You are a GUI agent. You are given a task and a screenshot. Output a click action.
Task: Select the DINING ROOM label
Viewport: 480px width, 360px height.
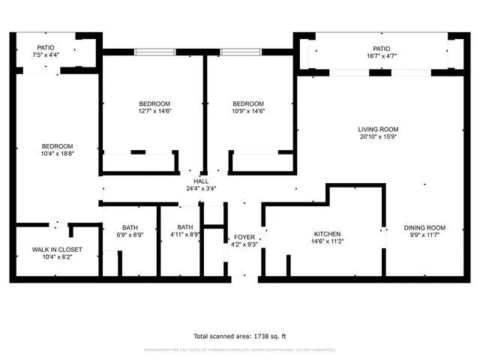(424, 228)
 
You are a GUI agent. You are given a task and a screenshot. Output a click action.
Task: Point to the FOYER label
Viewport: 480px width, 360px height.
(244, 237)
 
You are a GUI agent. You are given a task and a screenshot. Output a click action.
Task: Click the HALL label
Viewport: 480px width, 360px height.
(201, 181)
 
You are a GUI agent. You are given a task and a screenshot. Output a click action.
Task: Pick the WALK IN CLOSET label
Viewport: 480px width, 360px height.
(57, 249)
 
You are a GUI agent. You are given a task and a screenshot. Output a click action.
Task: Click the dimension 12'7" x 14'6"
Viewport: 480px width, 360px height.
(154, 111)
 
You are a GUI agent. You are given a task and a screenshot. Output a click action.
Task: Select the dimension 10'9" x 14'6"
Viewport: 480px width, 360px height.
(247, 111)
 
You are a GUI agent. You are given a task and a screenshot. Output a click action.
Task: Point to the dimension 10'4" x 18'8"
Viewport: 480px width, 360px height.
(57, 153)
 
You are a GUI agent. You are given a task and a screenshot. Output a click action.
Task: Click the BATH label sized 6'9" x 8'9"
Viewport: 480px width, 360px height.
(130, 227)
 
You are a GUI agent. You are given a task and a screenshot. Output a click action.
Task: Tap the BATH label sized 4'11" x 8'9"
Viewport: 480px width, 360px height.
(185, 227)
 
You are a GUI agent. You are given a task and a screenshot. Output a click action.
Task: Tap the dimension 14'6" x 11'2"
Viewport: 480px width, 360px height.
(327, 241)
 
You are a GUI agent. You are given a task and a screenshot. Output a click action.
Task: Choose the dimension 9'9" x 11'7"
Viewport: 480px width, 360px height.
(424, 235)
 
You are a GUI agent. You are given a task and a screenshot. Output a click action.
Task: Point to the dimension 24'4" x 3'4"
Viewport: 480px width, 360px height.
(201, 189)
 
